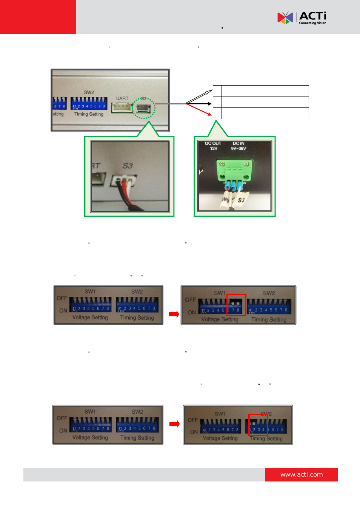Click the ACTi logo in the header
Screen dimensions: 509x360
[x=302, y=18]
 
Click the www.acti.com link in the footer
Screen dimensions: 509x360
[x=301, y=475]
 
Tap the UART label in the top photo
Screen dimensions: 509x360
[x=122, y=98]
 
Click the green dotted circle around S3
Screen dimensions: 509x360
[x=144, y=108]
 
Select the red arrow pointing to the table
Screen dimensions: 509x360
[x=199, y=109]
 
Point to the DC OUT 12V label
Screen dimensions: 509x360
[x=213, y=146]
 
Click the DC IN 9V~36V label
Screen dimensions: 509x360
[x=238, y=146]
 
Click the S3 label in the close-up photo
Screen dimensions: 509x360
[x=128, y=166]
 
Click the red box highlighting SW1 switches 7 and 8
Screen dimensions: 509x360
[x=236, y=305]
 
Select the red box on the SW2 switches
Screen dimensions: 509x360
[x=258, y=425]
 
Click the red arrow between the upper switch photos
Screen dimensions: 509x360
[x=174, y=314]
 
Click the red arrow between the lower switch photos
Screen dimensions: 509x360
[x=174, y=424]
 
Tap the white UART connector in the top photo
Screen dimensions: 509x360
[x=122, y=108]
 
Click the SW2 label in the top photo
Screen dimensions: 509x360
[x=89, y=92]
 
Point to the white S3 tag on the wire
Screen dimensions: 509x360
[x=241, y=200]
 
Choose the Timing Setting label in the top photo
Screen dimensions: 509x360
[x=89, y=114]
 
